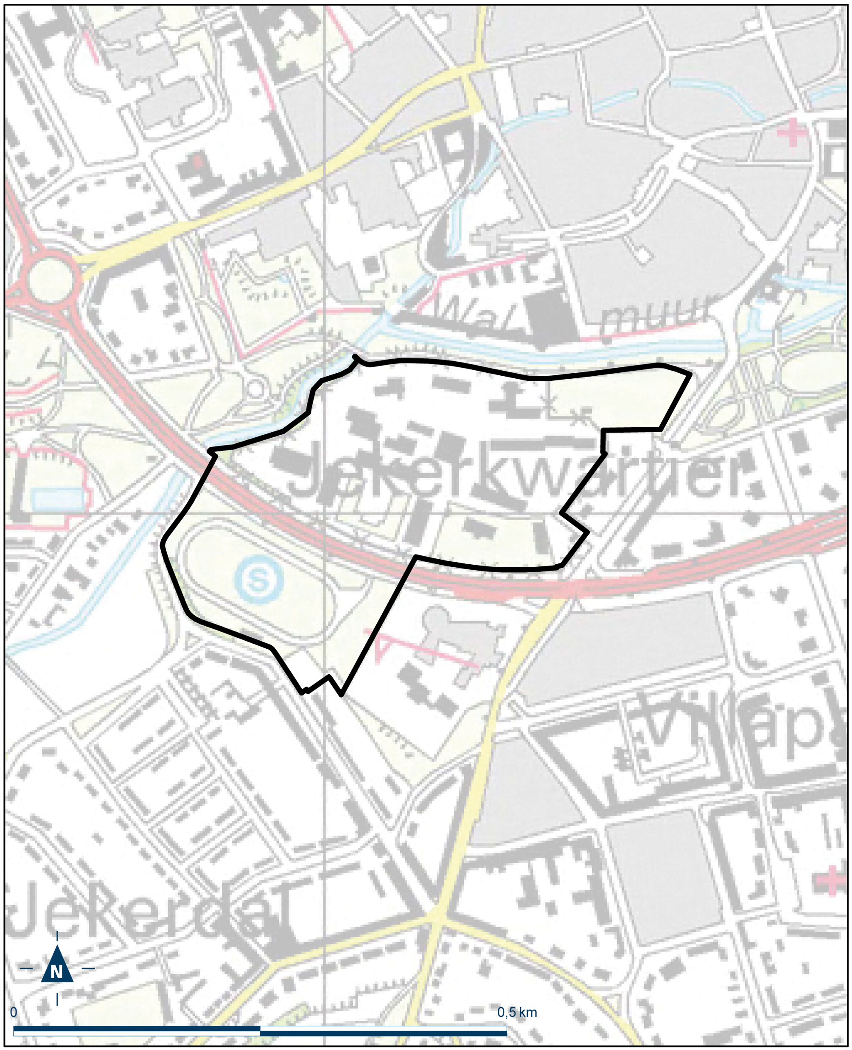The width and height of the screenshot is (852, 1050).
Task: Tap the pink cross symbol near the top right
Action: [x=792, y=132]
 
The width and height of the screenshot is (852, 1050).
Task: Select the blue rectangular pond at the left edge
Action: [x=57, y=499]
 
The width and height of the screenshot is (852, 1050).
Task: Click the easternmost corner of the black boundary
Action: [x=690, y=374]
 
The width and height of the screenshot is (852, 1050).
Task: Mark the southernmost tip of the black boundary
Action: [x=342, y=695]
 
